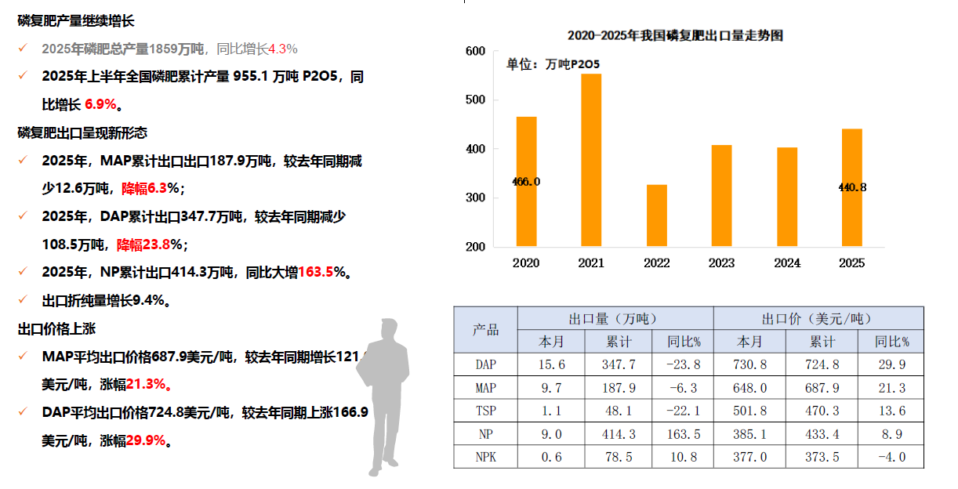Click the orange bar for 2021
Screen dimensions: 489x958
pyautogui.click(x=591, y=161)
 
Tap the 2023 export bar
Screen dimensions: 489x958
pyautogui.click(x=722, y=196)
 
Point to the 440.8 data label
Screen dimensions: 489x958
pyautogui.click(x=852, y=187)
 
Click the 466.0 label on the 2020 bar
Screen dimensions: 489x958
pyautogui.click(x=526, y=182)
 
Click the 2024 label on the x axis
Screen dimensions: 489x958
pyautogui.click(x=786, y=263)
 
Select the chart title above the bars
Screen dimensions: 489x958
pyautogui.click(x=675, y=35)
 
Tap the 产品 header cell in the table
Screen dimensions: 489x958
pyautogui.click(x=485, y=330)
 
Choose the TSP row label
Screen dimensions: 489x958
pyautogui.click(x=486, y=411)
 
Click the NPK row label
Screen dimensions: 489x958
pyautogui.click(x=486, y=457)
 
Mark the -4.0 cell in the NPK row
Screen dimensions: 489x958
pyautogui.click(x=891, y=457)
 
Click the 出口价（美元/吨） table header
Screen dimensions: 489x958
pyautogui.click(x=818, y=319)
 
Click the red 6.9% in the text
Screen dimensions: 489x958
pyautogui.click(x=100, y=103)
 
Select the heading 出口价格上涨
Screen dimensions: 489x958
pyautogui.click(x=57, y=329)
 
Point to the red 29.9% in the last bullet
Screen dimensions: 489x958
pyautogui.click(x=147, y=440)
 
